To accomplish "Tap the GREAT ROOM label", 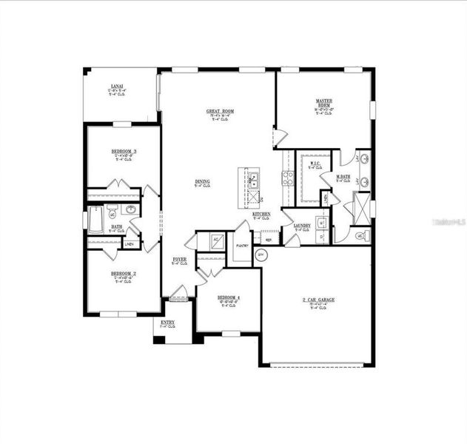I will (220, 112).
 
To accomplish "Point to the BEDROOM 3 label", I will (124, 152).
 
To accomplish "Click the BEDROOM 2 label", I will (124, 273).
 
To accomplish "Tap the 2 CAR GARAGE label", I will (318, 300).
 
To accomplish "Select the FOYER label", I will (180, 259).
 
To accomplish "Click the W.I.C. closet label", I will (315, 164).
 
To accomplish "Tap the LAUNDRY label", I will (301, 226).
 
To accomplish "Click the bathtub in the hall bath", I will (95, 219).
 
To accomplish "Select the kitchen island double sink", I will (253, 177).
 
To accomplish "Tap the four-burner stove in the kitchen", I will (287, 178).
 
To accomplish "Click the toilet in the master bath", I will (360, 236).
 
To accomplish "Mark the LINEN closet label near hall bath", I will (130, 243).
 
